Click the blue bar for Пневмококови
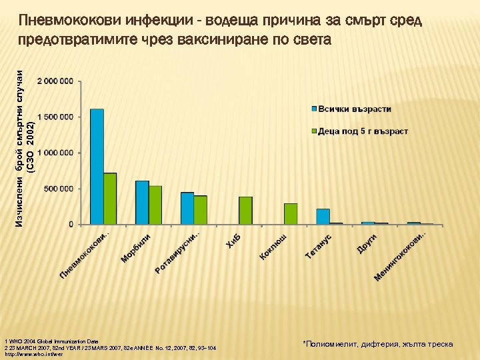pyautogui.click(x=97, y=167)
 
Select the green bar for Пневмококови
pyautogui.click(x=110, y=199)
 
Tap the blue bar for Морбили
pyautogui.click(x=142, y=203)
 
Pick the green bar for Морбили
pyautogui.click(x=155, y=205)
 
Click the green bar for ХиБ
pyautogui.click(x=245, y=211)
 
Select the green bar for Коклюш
pyautogui.click(x=291, y=214)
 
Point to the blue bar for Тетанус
pyautogui.click(x=323, y=217)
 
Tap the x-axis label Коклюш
pyautogui.click(x=273, y=247)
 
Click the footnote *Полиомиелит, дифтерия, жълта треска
pyautogui.click(x=377, y=344)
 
